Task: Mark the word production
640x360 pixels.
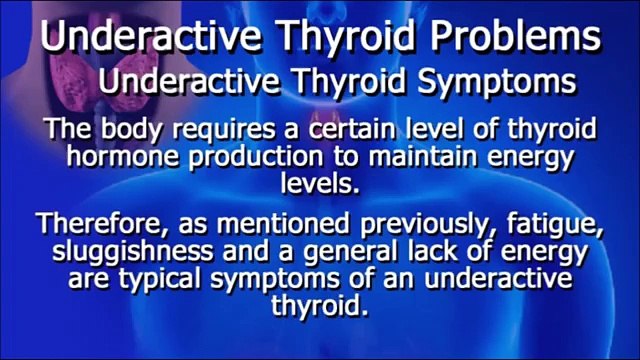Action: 259,157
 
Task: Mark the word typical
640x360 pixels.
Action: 182,276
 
